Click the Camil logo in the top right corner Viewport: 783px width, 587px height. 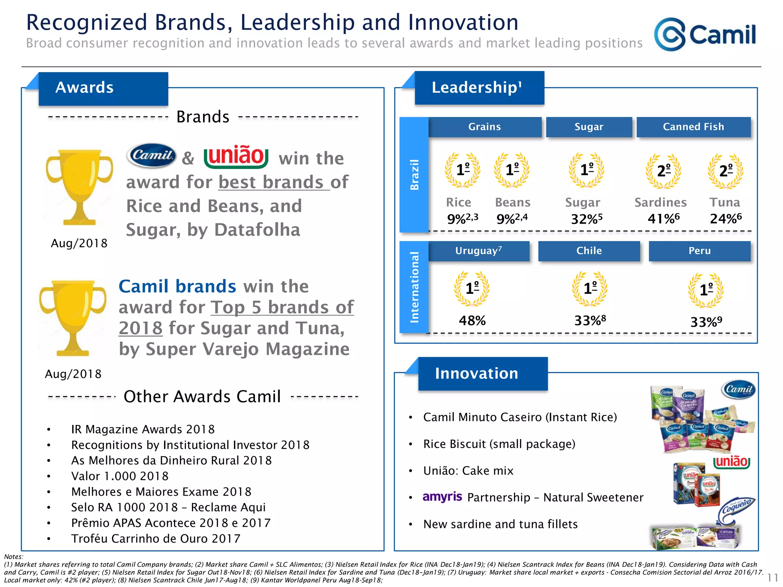[705, 34]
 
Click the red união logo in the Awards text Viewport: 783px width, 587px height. [236, 156]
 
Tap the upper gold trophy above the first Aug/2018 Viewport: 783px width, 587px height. [80, 187]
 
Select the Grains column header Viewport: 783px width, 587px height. [484, 127]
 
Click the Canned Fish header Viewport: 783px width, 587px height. [693, 127]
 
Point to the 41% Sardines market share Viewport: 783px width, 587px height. [663, 219]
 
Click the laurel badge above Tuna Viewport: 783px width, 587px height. [725, 171]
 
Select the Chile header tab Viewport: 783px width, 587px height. [589, 251]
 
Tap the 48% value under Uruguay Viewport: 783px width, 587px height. [472, 320]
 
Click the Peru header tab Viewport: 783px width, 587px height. [699, 251]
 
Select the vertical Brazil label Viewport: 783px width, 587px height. [414, 175]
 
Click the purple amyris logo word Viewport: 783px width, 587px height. [442, 497]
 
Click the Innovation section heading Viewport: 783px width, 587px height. [476, 373]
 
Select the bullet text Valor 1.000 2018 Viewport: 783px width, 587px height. [120, 476]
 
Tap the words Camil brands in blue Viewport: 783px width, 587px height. [177, 286]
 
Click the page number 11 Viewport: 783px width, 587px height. [772, 577]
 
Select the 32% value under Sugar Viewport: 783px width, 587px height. [586, 219]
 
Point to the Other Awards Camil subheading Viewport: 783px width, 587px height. [202, 396]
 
